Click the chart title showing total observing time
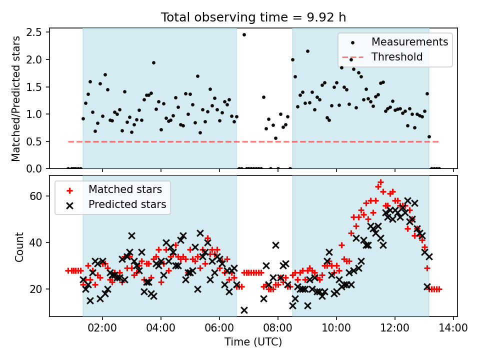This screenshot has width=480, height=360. point(253,17)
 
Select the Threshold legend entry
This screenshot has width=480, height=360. point(382,57)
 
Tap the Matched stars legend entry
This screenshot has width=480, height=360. point(113,189)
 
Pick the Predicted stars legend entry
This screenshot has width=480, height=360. point(116,204)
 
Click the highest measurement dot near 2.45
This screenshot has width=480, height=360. point(244,35)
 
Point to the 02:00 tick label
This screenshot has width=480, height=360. point(102,328)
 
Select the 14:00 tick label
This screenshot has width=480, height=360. point(453,328)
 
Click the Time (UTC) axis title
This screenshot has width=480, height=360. point(253,342)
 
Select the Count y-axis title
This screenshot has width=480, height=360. point(19,247)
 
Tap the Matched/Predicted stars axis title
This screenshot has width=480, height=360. point(15,98)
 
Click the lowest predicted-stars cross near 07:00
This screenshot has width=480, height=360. point(244,310)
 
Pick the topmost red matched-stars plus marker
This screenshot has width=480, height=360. point(380,182)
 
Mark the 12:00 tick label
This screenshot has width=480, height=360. point(394,328)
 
